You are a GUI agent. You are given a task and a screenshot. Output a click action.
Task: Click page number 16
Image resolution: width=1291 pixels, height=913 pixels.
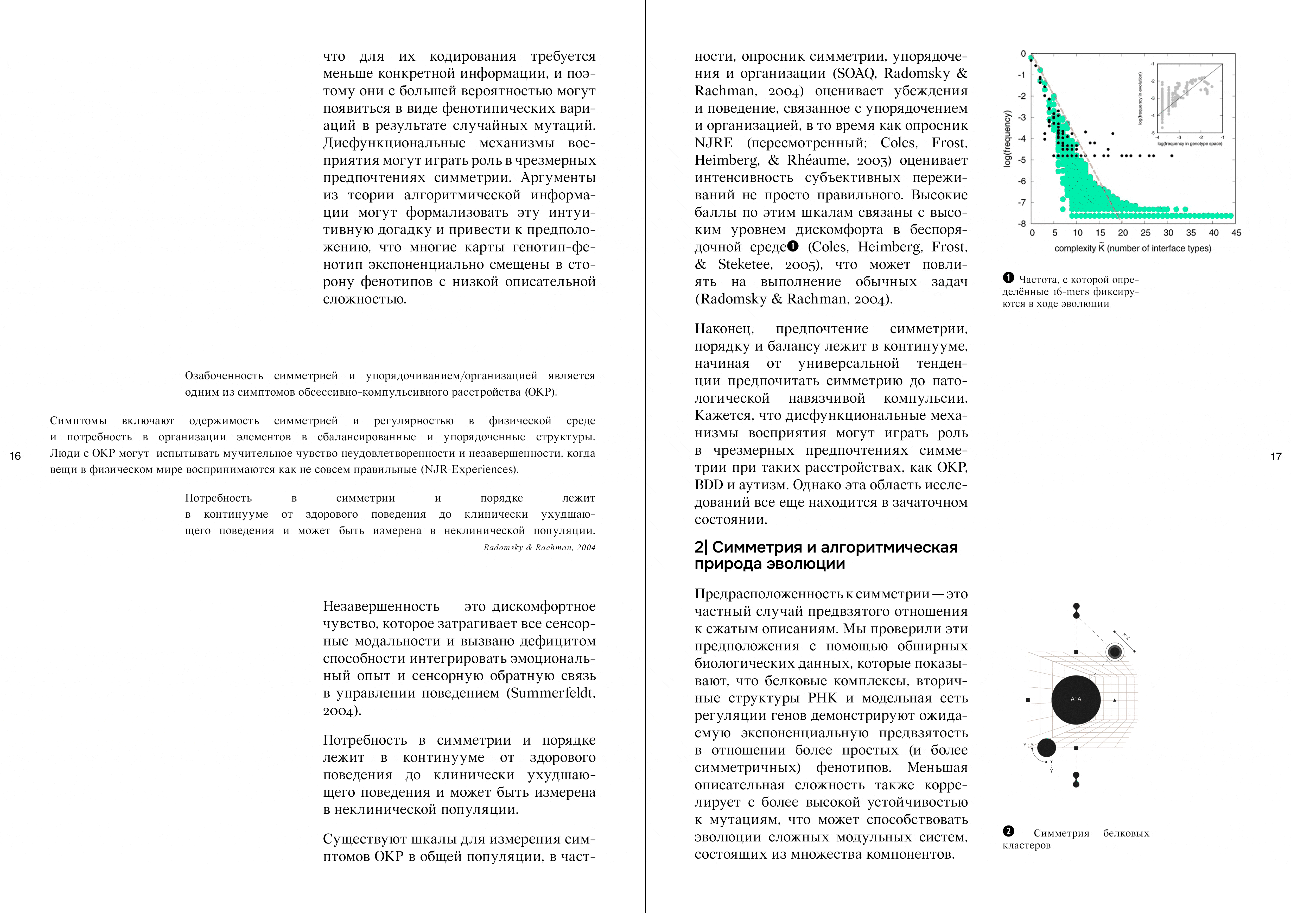(15, 456)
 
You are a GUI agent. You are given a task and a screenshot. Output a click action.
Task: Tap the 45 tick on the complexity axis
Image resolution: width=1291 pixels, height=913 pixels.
(1236, 233)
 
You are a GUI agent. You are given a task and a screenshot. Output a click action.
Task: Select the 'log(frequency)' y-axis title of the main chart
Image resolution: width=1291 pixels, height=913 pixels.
(1007, 138)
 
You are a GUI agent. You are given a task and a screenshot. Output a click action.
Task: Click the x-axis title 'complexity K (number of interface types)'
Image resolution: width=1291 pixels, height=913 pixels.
(1133, 248)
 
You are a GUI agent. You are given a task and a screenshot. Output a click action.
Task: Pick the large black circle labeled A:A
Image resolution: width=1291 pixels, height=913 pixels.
(1076, 699)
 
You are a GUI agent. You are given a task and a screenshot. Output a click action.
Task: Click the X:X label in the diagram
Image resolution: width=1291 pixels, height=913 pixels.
(1126, 637)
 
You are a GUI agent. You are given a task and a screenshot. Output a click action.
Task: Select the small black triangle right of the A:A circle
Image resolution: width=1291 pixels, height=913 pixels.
(1115, 700)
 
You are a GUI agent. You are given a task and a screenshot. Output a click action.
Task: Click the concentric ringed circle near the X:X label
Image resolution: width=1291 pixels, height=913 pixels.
(1114, 652)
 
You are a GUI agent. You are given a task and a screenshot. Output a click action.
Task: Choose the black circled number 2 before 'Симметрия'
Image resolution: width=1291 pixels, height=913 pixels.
(1009, 831)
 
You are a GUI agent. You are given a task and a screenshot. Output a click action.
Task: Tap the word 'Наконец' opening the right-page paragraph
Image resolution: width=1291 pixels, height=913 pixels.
(724, 329)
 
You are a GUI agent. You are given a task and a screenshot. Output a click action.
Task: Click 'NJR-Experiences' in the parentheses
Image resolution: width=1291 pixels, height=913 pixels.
(469, 470)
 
